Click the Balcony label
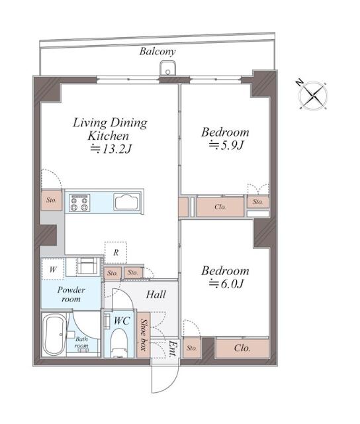157,51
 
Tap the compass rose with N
313,95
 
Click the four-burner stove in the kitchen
79,203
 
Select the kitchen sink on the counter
126,201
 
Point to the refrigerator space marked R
116,252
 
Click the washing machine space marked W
53,269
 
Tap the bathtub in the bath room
55,334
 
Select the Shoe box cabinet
144,335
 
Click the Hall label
156,294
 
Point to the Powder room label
71,294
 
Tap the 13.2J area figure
111,148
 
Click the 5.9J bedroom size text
226,146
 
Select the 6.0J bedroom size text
226,284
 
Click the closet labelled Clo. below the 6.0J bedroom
242,348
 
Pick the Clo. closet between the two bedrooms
220,207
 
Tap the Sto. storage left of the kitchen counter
52,200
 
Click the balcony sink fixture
167,68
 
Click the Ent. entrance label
172,349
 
